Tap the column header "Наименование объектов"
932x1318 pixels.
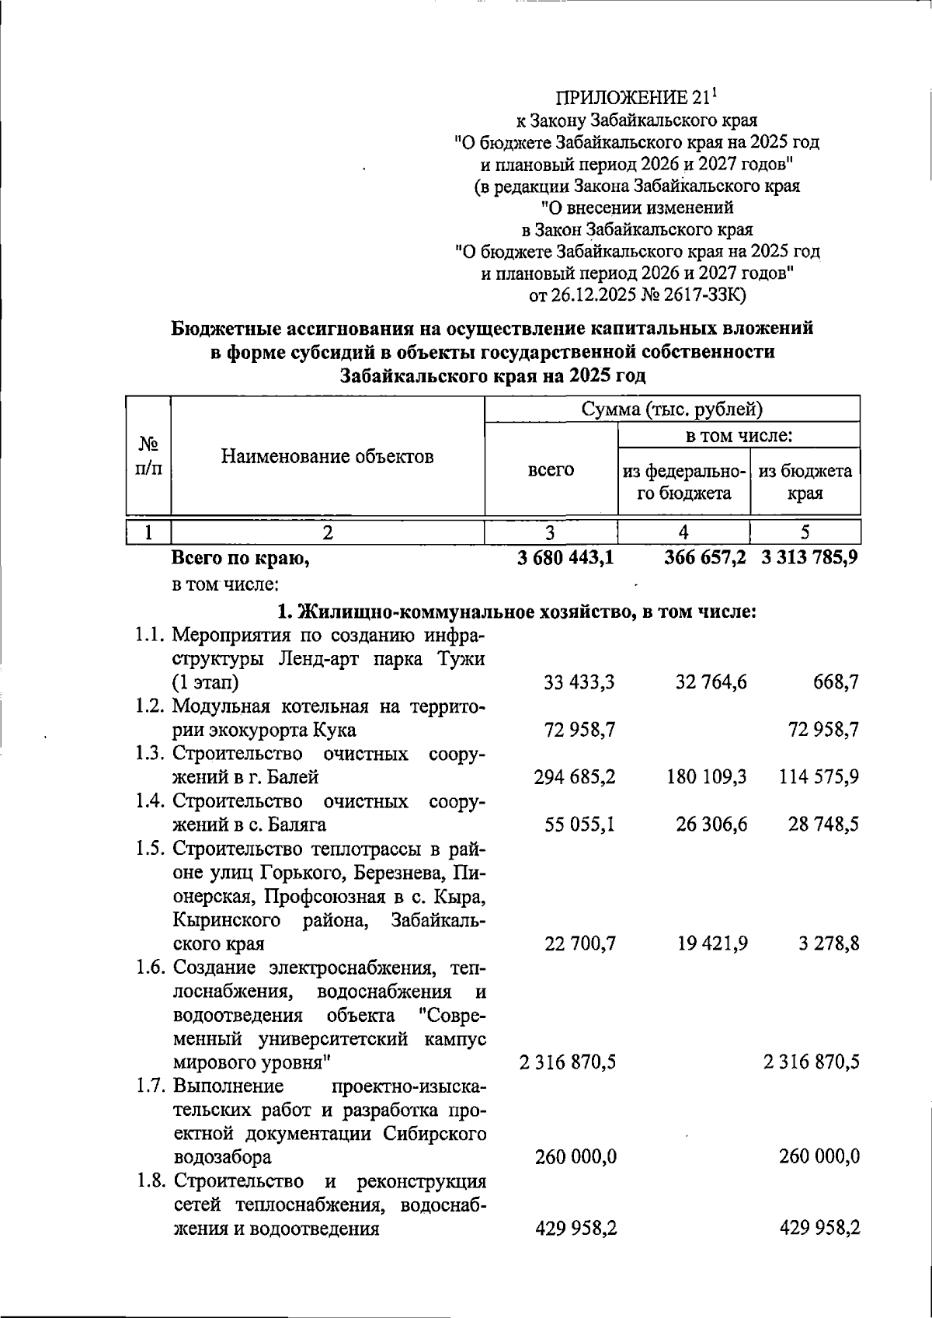(x=327, y=456)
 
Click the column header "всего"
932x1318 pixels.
(x=551, y=469)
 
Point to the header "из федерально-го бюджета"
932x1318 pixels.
(x=684, y=482)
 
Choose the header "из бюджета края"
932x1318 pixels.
(x=805, y=482)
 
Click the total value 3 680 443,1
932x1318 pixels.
(x=565, y=557)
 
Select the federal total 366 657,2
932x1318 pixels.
(x=705, y=557)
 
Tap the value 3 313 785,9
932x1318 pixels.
(x=809, y=557)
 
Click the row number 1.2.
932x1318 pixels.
(x=151, y=706)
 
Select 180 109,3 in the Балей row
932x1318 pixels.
(x=706, y=776)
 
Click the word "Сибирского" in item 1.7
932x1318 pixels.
(x=436, y=1132)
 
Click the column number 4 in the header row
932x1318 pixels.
(x=683, y=532)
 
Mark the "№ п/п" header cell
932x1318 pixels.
(x=148, y=456)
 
